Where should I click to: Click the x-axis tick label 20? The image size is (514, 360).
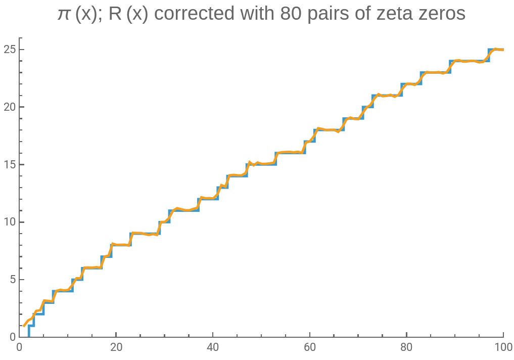click(x=116, y=348)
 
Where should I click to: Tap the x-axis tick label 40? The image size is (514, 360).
click(x=213, y=348)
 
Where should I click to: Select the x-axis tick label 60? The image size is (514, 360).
click(x=310, y=348)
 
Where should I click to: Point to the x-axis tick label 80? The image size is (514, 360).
click(x=406, y=348)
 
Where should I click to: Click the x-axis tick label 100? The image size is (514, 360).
click(x=503, y=348)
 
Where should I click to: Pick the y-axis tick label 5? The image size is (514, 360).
click(x=11, y=280)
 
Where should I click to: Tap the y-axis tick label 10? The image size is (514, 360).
click(x=8, y=222)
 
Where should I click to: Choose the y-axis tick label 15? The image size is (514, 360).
click(x=8, y=164)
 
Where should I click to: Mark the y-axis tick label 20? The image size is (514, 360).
click(x=8, y=107)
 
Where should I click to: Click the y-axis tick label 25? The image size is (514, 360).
click(x=8, y=50)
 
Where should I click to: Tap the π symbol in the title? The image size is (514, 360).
click(x=63, y=14)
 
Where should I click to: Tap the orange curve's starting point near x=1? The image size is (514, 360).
click(x=24, y=326)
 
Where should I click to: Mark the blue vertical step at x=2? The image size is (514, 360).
click(x=29, y=331)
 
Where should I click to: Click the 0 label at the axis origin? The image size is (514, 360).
click(x=19, y=348)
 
